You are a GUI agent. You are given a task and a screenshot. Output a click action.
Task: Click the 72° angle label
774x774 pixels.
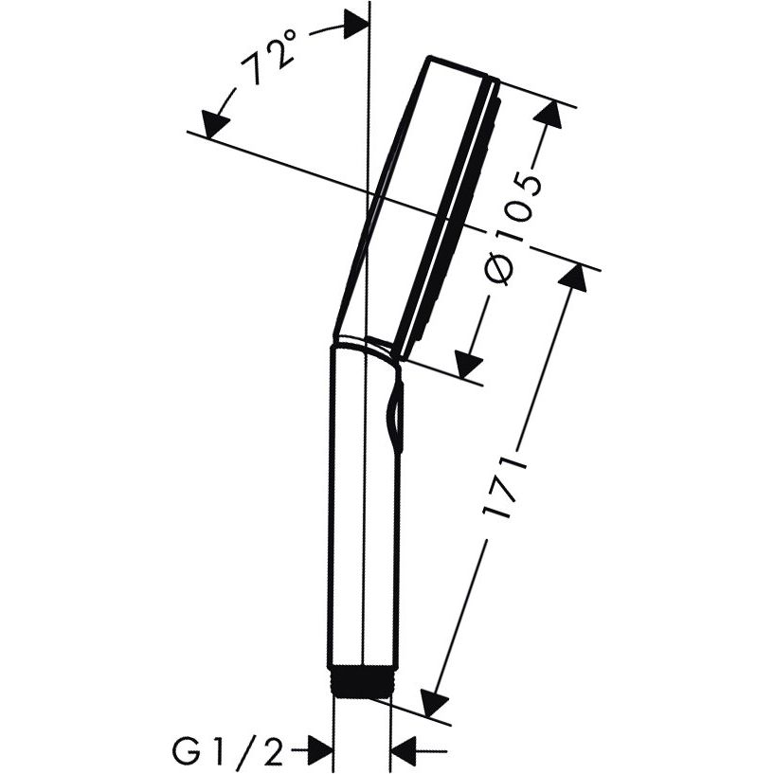[x=268, y=57]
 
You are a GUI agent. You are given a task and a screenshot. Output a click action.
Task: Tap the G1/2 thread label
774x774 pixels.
[x=227, y=752]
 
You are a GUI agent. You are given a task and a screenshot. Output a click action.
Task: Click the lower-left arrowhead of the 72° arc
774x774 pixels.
[x=214, y=124]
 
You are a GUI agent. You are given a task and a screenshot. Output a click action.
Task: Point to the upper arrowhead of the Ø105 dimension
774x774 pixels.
[x=549, y=115]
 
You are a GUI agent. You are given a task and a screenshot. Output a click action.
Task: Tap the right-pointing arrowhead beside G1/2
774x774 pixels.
[x=319, y=752]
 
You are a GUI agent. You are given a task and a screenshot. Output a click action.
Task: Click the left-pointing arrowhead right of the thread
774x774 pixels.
[x=403, y=752]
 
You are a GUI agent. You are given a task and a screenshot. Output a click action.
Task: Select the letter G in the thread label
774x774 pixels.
[x=185, y=752]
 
